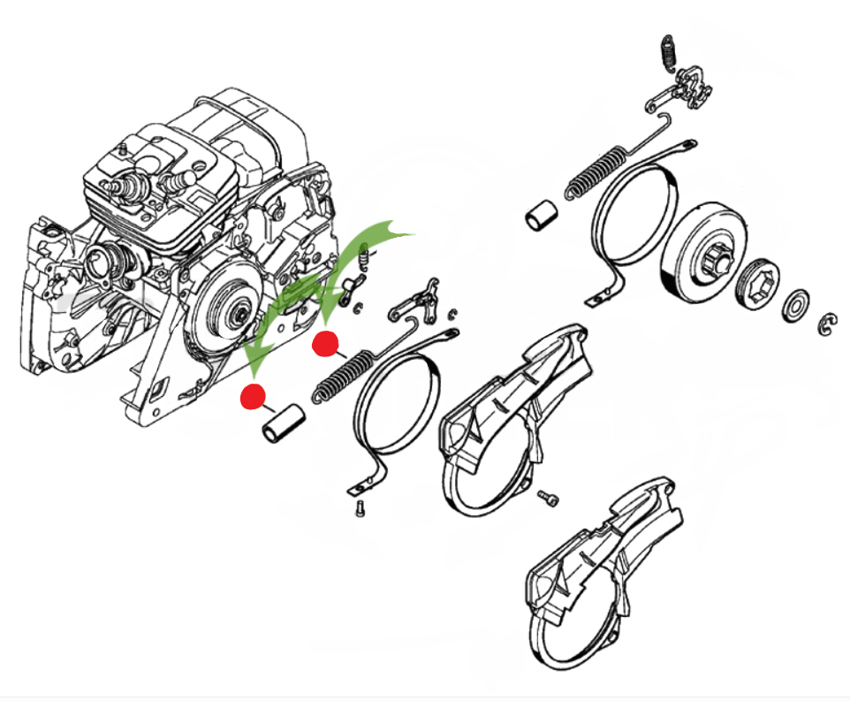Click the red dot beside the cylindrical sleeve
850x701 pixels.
[254, 398]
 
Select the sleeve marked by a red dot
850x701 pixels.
[282, 422]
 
